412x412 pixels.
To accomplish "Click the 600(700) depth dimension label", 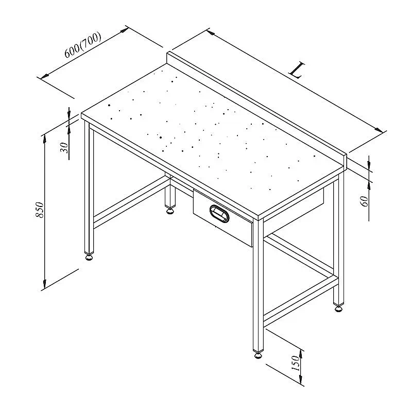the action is (83, 45).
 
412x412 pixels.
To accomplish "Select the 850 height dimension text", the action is (40, 210).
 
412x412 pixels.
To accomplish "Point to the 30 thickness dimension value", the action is (64, 148).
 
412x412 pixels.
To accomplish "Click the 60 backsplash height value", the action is (365, 201).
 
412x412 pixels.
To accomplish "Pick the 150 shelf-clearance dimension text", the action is (296, 363).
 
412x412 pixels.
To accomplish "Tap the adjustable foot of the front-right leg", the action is (259, 355).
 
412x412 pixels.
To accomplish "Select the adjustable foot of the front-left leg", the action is (89, 257).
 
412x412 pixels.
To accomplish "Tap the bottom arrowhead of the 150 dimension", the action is (301, 379).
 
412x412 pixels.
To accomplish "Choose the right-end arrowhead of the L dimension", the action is (379, 130).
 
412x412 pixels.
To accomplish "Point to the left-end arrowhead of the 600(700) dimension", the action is (45, 76).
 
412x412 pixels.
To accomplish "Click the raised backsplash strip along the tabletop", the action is (256, 109).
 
